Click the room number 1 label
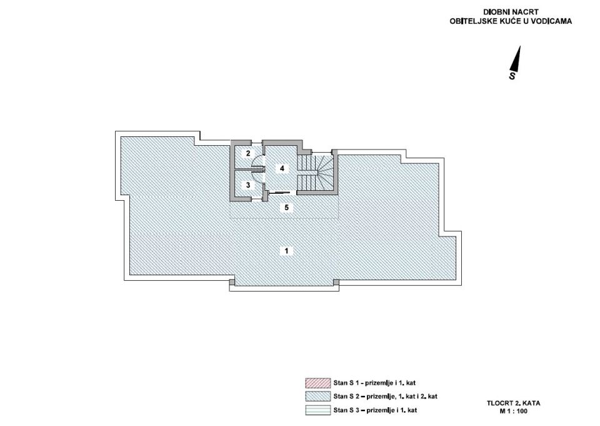(x=286, y=251)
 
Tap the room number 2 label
(x=248, y=153)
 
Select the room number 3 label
(x=248, y=185)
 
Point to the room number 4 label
(x=282, y=168)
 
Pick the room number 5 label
(x=286, y=208)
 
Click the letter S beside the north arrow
(x=512, y=76)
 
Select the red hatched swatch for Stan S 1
(x=317, y=383)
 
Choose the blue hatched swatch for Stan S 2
(x=317, y=397)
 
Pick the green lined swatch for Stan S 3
(x=317, y=410)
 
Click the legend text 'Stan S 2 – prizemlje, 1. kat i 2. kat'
(x=386, y=397)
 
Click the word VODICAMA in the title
(x=552, y=21)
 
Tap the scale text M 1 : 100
(x=513, y=412)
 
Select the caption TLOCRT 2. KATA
(x=513, y=403)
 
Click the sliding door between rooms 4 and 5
(x=281, y=192)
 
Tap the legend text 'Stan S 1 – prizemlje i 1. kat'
(x=374, y=383)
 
